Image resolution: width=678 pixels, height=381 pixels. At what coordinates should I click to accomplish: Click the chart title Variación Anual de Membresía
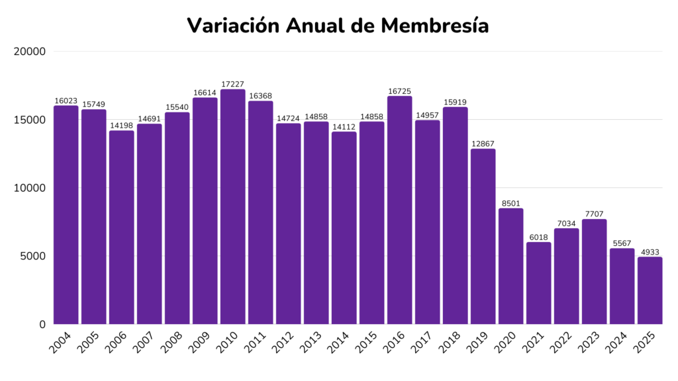click(x=338, y=25)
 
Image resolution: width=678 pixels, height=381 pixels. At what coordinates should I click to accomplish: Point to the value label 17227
click(x=233, y=84)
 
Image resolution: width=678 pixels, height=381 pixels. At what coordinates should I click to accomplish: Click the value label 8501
click(x=511, y=203)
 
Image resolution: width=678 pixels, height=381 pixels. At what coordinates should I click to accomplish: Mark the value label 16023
click(x=66, y=101)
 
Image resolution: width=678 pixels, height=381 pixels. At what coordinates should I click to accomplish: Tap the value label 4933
click(x=650, y=252)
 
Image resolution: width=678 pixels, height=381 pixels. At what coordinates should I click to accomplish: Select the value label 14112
click(x=344, y=126)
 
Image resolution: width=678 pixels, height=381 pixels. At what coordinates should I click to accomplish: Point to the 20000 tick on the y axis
click(x=30, y=52)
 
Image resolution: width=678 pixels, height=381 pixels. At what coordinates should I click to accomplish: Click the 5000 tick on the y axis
click(x=32, y=256)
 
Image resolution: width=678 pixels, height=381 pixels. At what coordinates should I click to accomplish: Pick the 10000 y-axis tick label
click(x=30, y=188)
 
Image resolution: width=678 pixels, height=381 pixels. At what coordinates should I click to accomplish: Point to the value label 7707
click(x=595, y=214)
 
